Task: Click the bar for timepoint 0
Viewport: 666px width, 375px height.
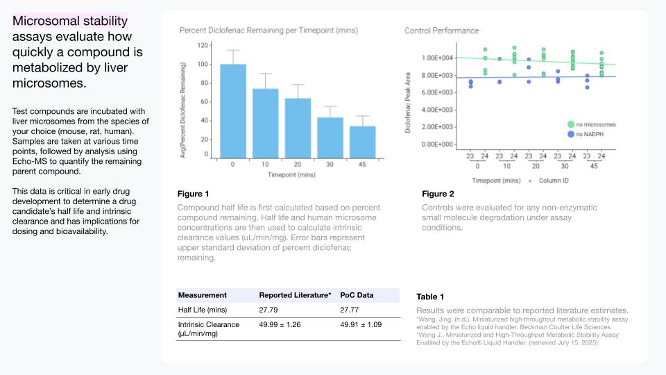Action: pyautogui.click(x=233, y=111)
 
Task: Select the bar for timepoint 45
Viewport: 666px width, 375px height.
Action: pyautogui.click(x=362, y=142)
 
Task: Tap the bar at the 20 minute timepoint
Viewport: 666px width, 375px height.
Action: pyautogui.click(x=298, y=128)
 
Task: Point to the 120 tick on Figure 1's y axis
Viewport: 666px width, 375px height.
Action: pyautogui.click(x=203, y=45)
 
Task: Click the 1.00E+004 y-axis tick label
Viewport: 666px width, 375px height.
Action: pyautogui.click(x=437, y=58)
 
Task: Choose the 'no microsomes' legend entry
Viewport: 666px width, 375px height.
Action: pyautogui.click(x=592, y=124)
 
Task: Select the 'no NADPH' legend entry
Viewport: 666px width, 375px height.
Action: pyautogui.click(x=586, y=134)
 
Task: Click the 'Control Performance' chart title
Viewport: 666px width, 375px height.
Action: pyautogui.click(x=442, y=31)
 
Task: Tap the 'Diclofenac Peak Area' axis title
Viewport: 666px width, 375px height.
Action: pyautogui.click(x=408, y=103)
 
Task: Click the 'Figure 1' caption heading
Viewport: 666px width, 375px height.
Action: pyautogui.click(x=194, y=194)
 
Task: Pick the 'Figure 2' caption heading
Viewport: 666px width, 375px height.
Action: pyautogui.click(x=438, y=194)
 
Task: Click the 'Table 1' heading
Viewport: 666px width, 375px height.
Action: pyautogui.click(x=430, y=297)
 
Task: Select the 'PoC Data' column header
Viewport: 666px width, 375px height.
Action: pyautogui.click(x=357, y=295)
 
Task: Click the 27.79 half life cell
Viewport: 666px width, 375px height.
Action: pyautogui.click(x=268, y=310)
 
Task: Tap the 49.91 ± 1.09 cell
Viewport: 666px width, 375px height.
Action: pyautogui.click(x=361, y=324)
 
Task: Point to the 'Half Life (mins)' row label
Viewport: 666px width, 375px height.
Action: pyautogui.click(x=203, y=310)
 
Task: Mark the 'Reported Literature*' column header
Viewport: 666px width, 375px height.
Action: pyautogui.click(x=296, y=295)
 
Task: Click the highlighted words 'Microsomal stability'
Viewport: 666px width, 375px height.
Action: pyautogui.click(x=70, y=21)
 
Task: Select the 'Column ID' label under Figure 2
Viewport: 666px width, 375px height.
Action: pyautogui.click(x=554, y=181)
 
